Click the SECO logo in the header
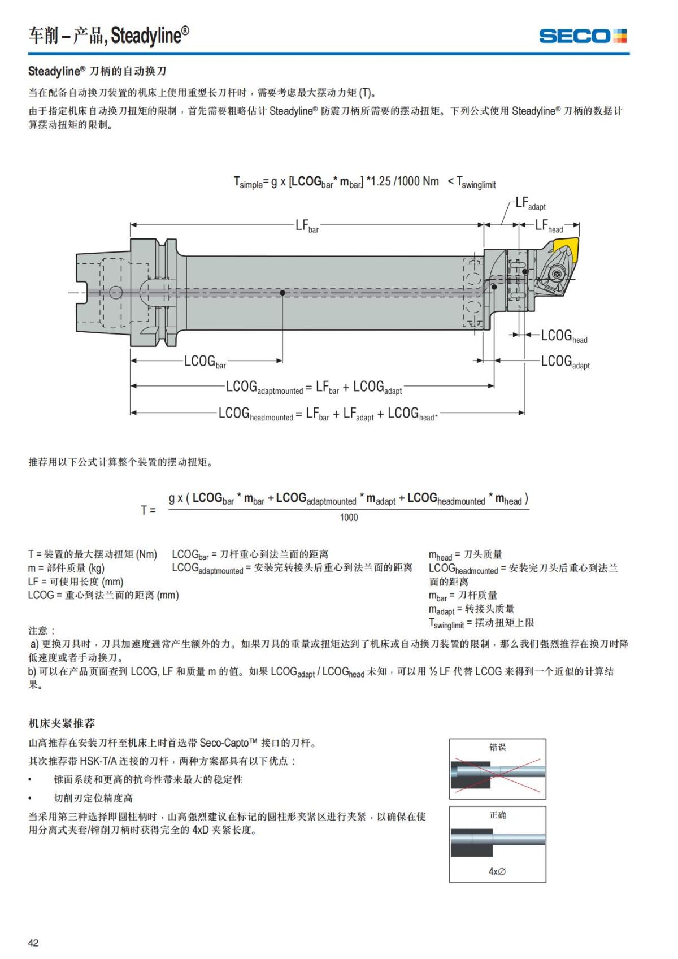click(583, 36)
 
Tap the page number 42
click(33, 943)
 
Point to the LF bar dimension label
click(307, 225)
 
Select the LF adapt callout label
click(530, 204)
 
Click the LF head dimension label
click(549, 225)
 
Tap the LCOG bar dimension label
click(205, 361)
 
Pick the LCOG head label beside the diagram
click(564, 336)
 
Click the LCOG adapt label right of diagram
click(565, 361)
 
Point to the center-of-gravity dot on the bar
click(282, 293)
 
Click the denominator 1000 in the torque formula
click(349, 517)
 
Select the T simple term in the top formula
click(248, 182)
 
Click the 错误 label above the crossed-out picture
click(497, 747)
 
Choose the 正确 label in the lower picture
click(497, 815)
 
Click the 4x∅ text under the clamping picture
click(497, 871)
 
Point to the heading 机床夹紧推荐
click(62, 723)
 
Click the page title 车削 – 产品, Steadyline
click(108, 36)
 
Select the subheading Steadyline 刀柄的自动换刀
click(97, 71)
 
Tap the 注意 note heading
click(41, 630)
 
